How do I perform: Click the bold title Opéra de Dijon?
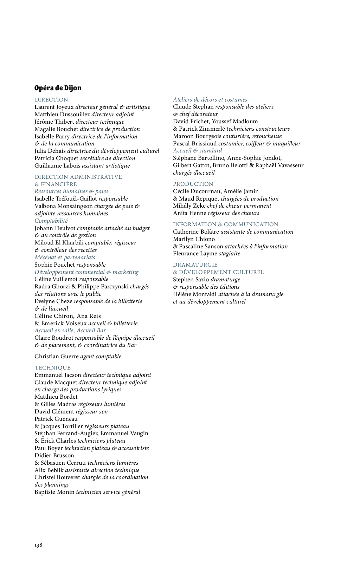click(x=58, y=88)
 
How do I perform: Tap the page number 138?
click(x=38, y=545)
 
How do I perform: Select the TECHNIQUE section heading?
click(x=53, y=367)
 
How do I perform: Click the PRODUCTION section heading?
click(x=193, y=184)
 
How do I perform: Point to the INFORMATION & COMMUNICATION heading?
click(x=225, y=224)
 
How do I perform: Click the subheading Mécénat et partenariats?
click(x=65, y=257)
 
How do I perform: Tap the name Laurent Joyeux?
click(x=54, y=107)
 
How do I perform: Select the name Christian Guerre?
click(x=57, y=356)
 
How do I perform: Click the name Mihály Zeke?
click(x=189, y=205)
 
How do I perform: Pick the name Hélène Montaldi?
click(x=195, y=294)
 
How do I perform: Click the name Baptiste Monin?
click(x=54, y=492)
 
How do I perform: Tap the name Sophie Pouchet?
click(x=54, y=265)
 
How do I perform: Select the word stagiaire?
click(x=230, y=253)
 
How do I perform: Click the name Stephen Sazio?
click(x=191, y=279)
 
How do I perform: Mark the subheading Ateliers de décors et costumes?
click(x=210, y=99)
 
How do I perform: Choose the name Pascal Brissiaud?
click(x=195, y=143)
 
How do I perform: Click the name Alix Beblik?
click(x=49, y=470)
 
